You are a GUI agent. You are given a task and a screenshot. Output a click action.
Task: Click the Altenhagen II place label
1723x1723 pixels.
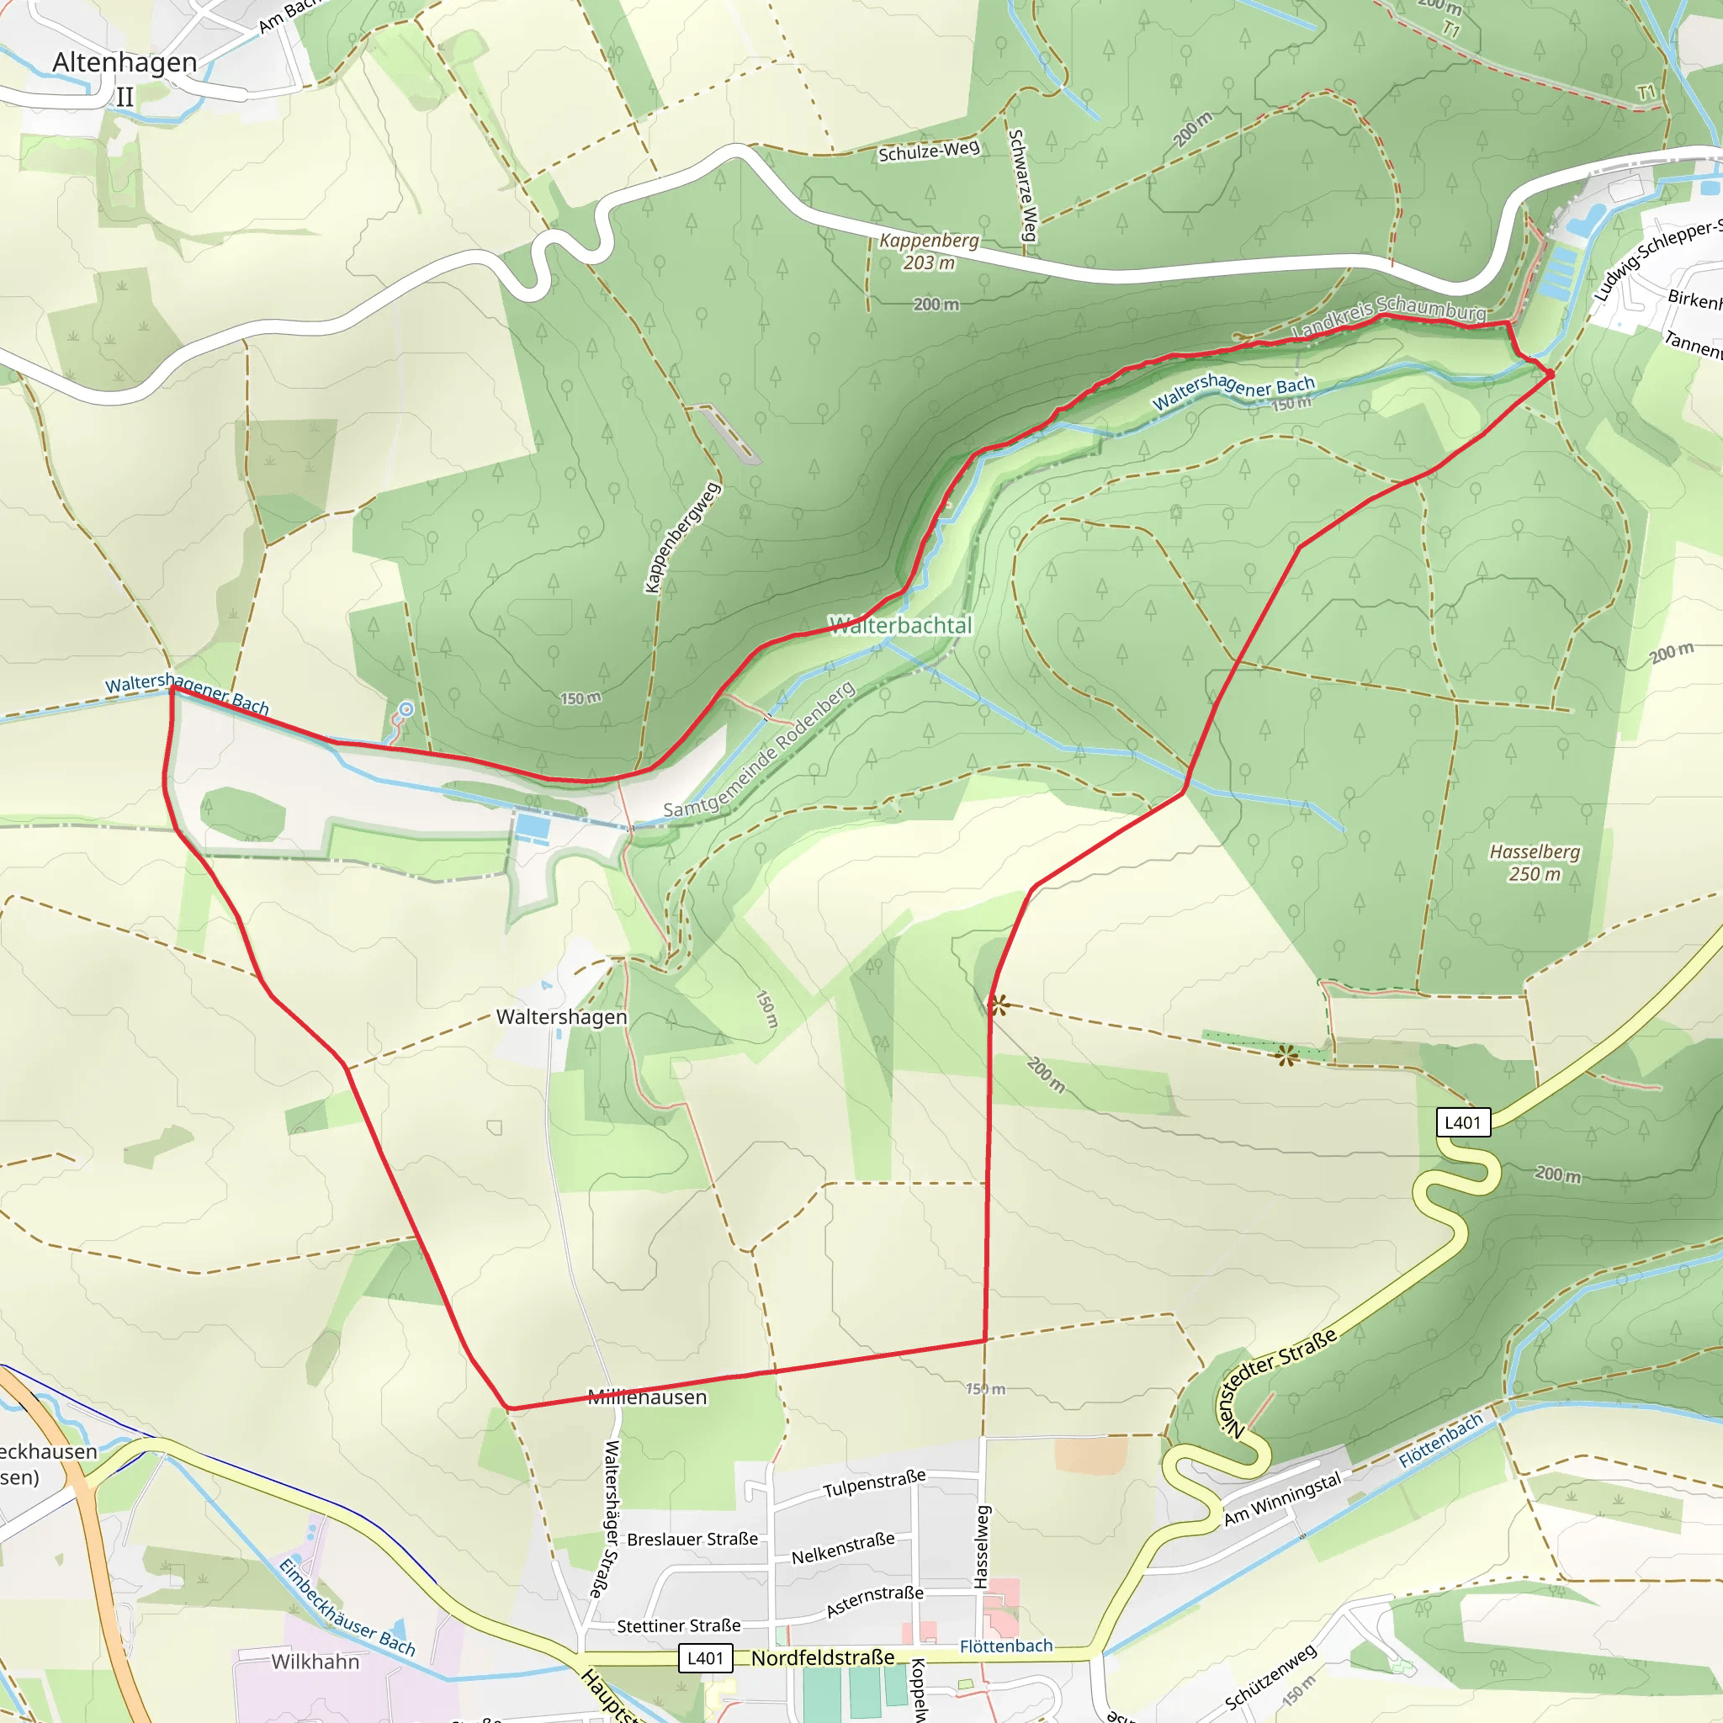(124, 77)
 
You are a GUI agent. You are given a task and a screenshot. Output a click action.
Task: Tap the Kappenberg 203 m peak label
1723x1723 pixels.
(929, 252)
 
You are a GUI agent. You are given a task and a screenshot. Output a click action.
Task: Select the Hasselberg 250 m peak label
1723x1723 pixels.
(1534, 862)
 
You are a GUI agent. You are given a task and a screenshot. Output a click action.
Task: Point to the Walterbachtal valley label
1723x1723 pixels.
(900, 625)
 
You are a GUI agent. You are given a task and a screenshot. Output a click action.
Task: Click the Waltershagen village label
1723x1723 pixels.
(561, 1016)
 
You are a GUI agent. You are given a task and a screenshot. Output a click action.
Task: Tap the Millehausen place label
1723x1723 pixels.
(647, 1397)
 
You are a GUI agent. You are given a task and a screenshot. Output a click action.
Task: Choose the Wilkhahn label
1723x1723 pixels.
(315, 1662)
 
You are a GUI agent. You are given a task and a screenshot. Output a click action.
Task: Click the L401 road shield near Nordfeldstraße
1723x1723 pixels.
(704, 1658)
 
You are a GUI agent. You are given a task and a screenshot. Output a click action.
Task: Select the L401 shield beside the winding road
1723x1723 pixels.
(1462, 1122)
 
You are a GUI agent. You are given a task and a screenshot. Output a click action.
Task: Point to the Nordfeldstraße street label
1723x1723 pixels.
(822, 1658)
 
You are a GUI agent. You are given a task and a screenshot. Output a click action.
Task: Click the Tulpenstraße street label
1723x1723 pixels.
(874, 1484)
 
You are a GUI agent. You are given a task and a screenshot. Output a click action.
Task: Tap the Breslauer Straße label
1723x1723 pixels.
(692, 1540)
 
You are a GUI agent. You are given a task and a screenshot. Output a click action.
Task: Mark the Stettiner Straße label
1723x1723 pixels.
(678, 1625)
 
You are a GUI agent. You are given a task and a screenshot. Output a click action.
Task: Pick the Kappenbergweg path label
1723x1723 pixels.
(682, 537)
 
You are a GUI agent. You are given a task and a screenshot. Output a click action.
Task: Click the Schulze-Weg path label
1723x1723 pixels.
(929, 151)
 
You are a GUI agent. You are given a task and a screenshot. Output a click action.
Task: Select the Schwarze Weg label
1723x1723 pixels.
(1022, 185)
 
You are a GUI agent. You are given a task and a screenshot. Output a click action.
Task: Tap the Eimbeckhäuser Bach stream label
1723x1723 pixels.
(347, 1607)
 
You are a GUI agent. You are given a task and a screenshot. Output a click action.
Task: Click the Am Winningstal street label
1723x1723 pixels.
(1281, 1498)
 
